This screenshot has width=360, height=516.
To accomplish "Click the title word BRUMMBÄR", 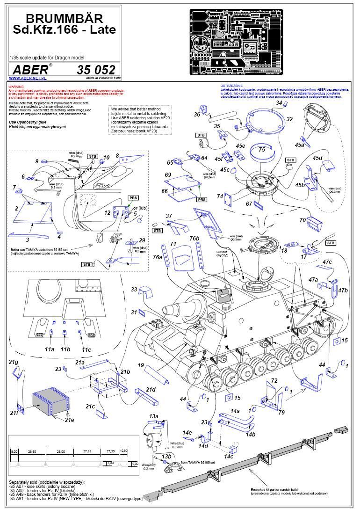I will [64, 19].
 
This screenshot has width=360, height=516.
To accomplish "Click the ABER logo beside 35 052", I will [29, 70].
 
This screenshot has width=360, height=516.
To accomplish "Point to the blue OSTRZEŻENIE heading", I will [232, 86].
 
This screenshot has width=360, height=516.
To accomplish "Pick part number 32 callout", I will [290, 119].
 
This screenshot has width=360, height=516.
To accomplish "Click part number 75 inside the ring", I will [262, 149].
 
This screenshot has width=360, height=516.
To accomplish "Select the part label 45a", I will [299, 145].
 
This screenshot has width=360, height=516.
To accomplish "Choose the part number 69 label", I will [168, 174].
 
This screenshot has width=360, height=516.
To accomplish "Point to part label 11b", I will [65, 349].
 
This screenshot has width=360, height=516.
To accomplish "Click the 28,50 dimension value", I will [32, 451].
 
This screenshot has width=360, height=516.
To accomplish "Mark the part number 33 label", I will [134, 290].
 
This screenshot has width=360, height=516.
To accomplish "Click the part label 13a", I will [153, 416].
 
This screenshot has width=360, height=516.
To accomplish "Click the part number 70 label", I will [302, 219].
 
